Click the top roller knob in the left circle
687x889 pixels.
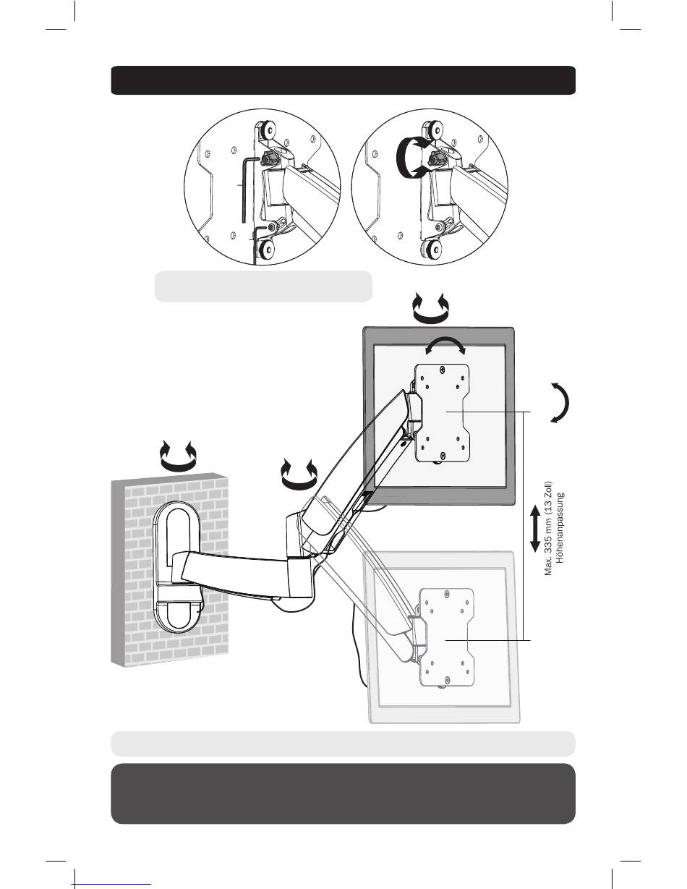(x=266, y=131)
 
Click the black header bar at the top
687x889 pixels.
(x=343, y=80)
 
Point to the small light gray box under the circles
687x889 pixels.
(x=263, y=286)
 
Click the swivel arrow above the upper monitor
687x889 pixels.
(x=430, y=310)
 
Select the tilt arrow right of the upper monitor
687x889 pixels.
(x=561, y=401)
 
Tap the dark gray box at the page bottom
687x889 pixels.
(x=343, y=794)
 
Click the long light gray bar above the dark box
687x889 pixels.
(x=343, y=743)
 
